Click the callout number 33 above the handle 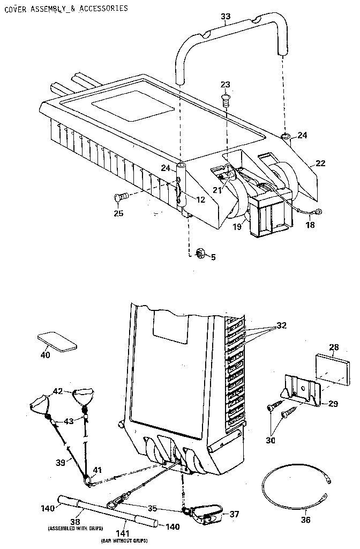pyautogui.click(x=226, y=17)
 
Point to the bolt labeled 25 pyautogui.click(x=121, y=198)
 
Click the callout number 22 pyautogui.click(x=320, y=164)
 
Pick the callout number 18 pyautogui.click(x=310, y=226)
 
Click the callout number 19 pyautogui.click(x=238, y=227)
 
